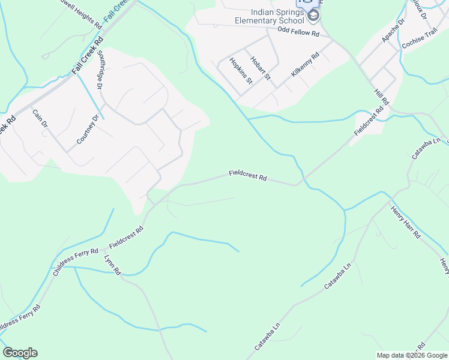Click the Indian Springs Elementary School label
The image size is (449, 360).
(x=278, y=16)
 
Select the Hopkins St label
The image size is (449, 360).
(x=240, y=71)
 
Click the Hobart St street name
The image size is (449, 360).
(x=261, y=68)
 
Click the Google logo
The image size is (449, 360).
(x=20, y=353)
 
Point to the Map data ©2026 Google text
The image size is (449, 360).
(x=412, y=355)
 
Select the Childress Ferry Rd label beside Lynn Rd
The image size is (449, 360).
(x=75, y=262)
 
